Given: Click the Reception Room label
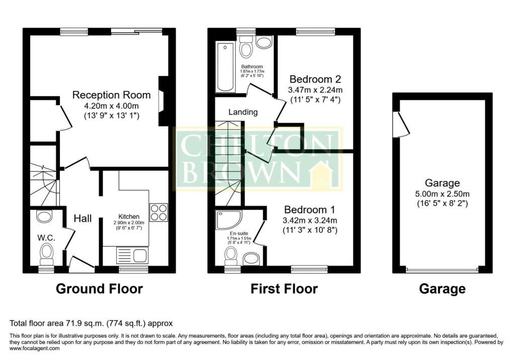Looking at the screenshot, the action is tap(111, 95).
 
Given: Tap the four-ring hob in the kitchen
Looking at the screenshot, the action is tap(158, 212).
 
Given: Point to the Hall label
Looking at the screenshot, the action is tap(82, 218).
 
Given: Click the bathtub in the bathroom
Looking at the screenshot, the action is tap(225, 67).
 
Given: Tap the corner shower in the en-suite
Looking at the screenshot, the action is tap(229, 220).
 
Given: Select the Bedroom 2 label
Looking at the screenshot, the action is tap(315, 79).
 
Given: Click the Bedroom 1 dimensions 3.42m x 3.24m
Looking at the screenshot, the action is tap(310, 220).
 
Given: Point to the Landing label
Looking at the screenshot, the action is tap(243, 112).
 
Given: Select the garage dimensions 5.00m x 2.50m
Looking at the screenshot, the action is tap(442, 194).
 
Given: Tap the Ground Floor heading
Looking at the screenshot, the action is tap(99, 289).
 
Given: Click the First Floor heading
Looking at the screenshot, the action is tap(284, 289).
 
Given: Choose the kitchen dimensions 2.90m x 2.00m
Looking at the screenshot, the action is tap(129, 222).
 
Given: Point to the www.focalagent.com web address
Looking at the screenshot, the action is tap(35, 348).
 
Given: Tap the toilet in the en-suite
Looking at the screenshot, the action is tap(231, 256).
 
